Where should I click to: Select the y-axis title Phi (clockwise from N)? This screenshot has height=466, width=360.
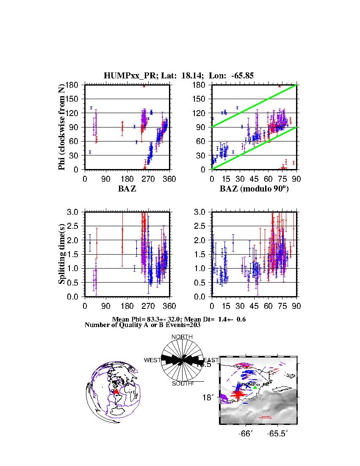tap(62, 127)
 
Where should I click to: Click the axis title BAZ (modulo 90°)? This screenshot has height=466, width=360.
tap(254, 189)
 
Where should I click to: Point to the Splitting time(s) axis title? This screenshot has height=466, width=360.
tap(62, 254)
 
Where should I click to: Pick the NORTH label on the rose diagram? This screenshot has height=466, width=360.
tap(182, 337)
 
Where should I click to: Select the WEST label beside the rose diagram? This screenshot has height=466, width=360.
tap(152, 360)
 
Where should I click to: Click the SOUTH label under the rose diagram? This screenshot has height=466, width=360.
tap(182, 384)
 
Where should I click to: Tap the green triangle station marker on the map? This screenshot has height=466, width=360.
tap(255, 387)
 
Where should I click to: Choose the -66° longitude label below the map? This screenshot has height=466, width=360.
tap(246, 434)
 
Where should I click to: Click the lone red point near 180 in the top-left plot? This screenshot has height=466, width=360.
tap(144, 86)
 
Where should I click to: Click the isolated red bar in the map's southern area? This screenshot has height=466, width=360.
tap(265, 417)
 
